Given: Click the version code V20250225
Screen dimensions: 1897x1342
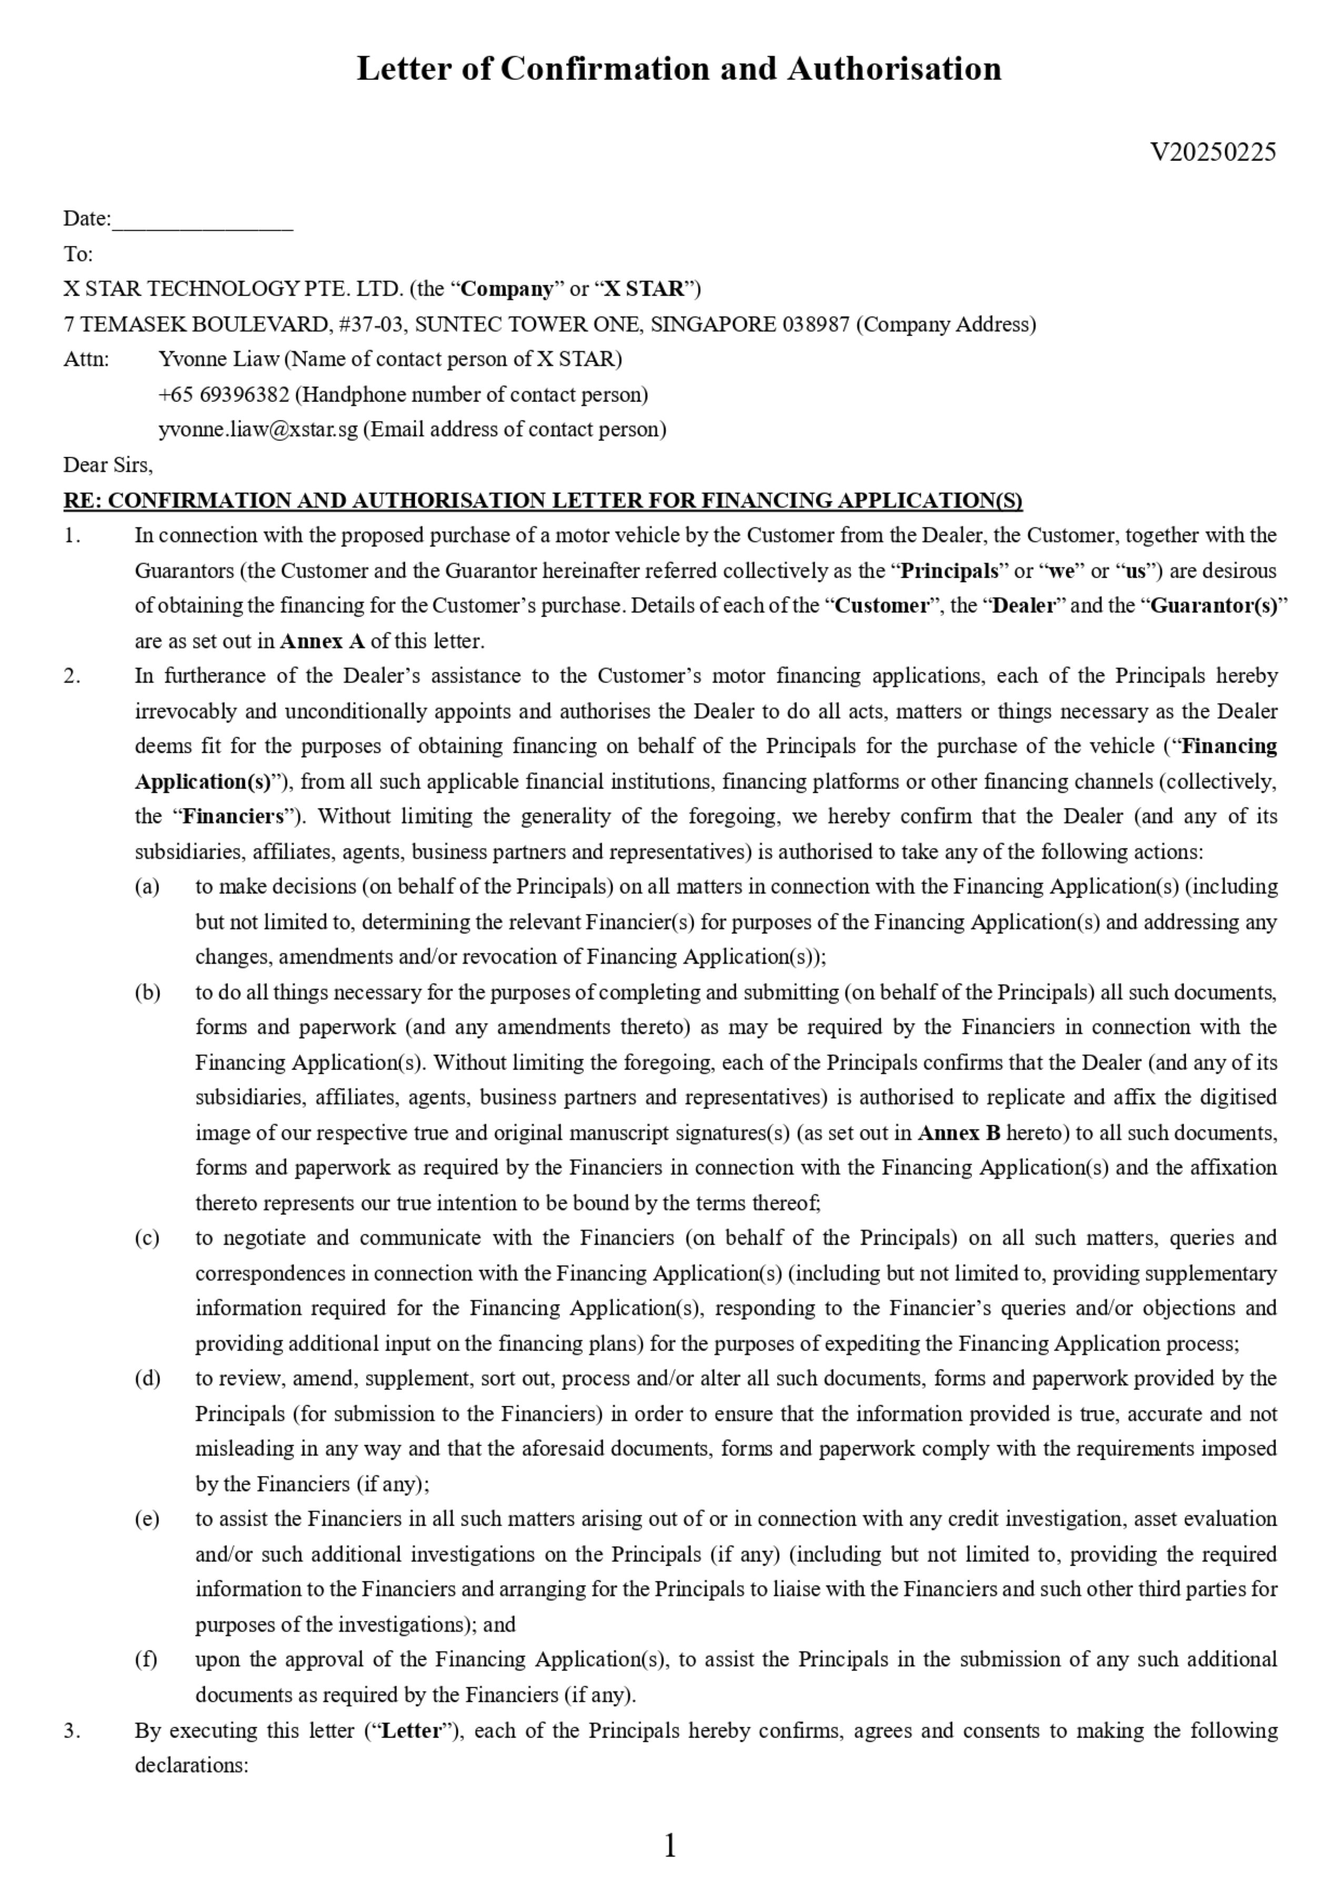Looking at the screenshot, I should click(1213, 152).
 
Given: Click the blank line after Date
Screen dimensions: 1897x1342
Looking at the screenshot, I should click(203, 220).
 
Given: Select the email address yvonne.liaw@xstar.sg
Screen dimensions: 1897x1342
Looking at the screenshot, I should click(258, 430).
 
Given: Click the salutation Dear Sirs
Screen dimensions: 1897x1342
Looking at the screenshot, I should click(107, 465).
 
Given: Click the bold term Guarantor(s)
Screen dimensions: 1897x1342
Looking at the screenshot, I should click(1214, 606).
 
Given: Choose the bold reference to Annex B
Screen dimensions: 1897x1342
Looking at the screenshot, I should click(958, 1133).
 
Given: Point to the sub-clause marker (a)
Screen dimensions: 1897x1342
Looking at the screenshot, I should click(147, 886).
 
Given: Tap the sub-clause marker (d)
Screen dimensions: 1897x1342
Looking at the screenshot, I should click(147, 1378).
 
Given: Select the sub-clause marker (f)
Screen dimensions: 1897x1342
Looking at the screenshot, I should click(146, 1659).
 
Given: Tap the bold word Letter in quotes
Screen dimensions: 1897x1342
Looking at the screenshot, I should click(410, 1730).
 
